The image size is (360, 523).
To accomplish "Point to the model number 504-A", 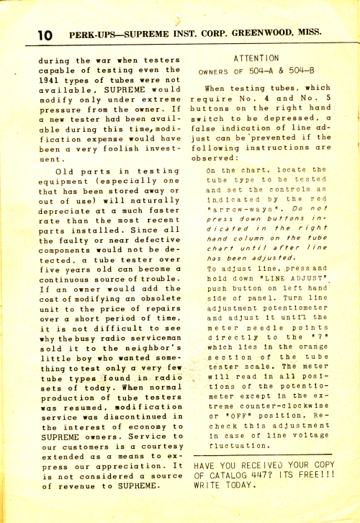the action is tap(266, 71).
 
